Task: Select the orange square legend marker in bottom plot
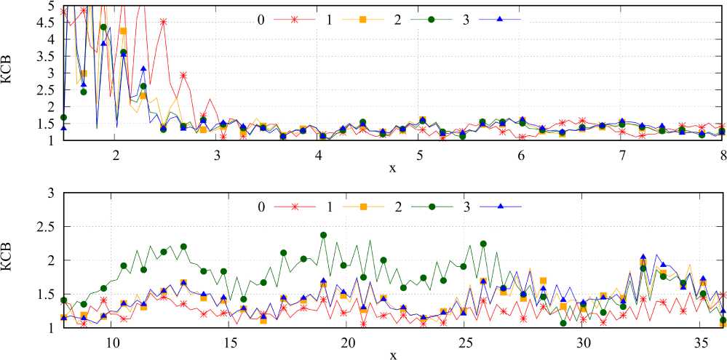[362, 207]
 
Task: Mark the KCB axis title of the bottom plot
[9, 260]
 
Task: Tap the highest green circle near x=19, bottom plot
[324, 235]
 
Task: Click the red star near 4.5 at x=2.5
[164, 22]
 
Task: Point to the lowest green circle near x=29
[563, 323]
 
